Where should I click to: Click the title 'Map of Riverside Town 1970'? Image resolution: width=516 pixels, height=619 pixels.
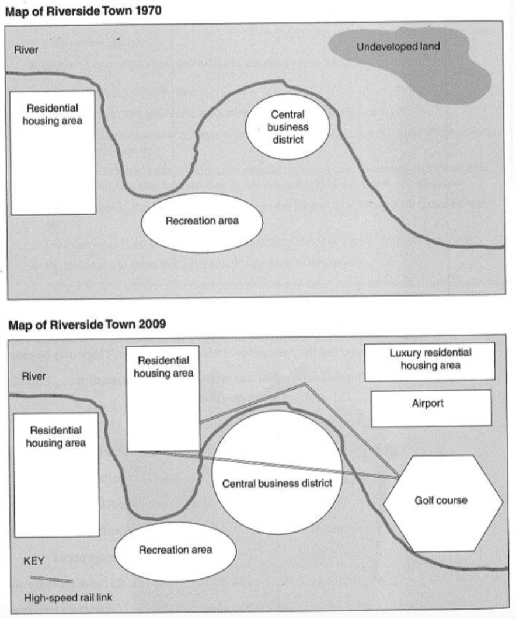tap(83, 11)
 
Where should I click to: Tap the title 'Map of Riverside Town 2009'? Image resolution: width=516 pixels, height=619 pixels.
tap(87, 325)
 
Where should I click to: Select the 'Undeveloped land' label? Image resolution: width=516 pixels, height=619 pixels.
tap(398, 47)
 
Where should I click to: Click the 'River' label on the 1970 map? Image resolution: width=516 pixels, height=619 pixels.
tap(26, 50)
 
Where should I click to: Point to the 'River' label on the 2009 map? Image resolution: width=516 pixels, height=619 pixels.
tap(33, 376)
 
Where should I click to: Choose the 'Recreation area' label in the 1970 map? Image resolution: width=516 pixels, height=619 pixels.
tap(202, 221)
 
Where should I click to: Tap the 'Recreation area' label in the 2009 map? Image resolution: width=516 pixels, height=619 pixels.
tap(176, 550)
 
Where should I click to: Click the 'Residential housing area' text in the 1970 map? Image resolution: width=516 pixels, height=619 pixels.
tap(53, 114)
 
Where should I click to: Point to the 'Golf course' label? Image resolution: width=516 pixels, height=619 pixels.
tap(441, 500)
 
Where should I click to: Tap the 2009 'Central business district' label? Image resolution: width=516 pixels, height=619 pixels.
tap(277, 483)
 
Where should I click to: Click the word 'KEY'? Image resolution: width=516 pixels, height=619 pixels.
tap(34, 561)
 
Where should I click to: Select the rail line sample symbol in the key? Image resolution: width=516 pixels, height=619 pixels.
tap(52, 579)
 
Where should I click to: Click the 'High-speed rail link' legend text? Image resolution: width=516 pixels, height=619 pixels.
tap(68, 597)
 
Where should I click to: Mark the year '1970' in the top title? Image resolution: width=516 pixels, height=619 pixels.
tap(148, 11)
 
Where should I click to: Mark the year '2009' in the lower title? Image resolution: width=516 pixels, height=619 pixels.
tap(153, 324)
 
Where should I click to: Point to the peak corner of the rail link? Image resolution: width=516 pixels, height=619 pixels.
tap(305, 384)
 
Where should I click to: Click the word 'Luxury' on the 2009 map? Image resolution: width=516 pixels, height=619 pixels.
tap(405, 353)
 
